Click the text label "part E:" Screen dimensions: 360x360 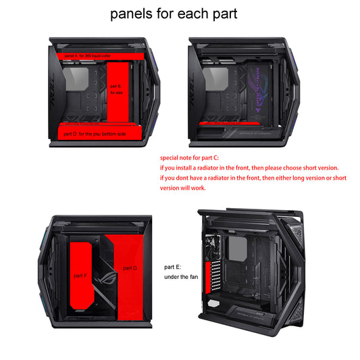[173, 267]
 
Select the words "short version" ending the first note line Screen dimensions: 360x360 [322, 167]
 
